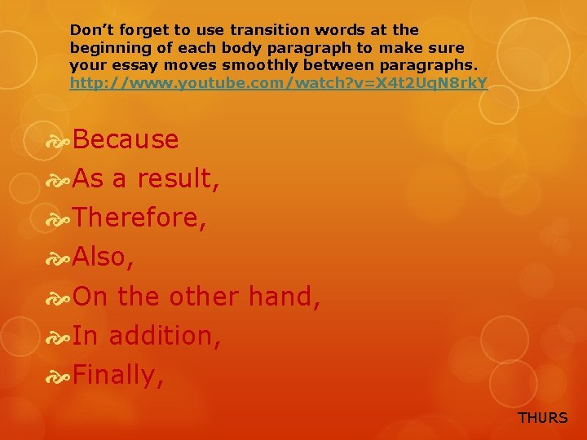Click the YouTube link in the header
point(278,82)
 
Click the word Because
point(126,139)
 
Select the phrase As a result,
point(145,178)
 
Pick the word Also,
point(104,257)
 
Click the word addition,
point(165,336)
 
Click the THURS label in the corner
point(542,418)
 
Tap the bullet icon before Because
point(59,140)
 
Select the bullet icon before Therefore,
point(59,219)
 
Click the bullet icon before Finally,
point(59,376)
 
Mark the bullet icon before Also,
point(59,258)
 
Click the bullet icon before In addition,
point(59,337)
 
